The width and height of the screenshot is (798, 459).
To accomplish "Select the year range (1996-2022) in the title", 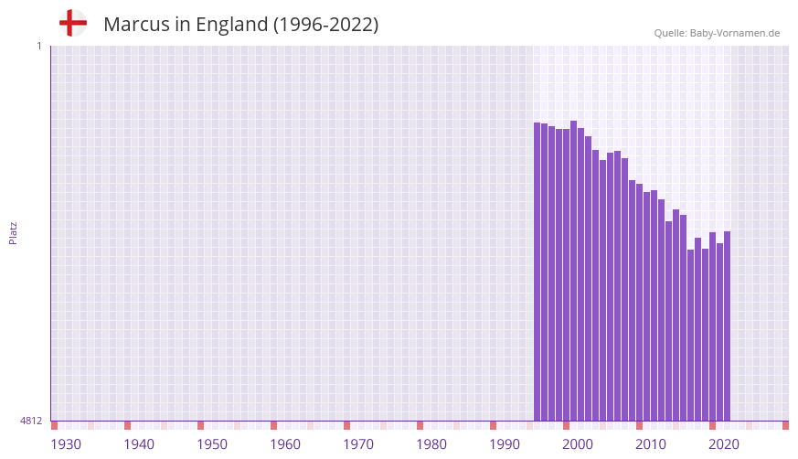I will click(325, 25).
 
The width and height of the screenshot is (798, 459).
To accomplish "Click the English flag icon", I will click(72, 23).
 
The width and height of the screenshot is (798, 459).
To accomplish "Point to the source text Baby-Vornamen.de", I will click(735, 33).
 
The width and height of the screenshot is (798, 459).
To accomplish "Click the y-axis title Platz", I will click(13, 232).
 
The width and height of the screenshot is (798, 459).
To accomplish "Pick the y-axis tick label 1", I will click(38, 46).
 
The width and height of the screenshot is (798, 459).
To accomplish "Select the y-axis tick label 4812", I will click(31, 421).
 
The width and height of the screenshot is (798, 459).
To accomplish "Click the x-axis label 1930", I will click(66, 444).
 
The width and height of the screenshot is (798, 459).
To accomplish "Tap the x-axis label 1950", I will click(212, 444).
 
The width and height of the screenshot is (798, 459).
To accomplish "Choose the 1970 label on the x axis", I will click(358, 444).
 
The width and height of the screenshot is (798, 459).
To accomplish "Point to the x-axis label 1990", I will click(505, 444).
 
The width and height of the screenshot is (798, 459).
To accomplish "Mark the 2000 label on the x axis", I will click(578, 444).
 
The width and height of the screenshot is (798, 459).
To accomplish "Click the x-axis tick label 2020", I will click(724, 444).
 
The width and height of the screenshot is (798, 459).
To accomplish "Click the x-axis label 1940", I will click(139, 444).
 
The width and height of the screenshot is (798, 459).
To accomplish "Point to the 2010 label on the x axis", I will click(651, 444).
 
